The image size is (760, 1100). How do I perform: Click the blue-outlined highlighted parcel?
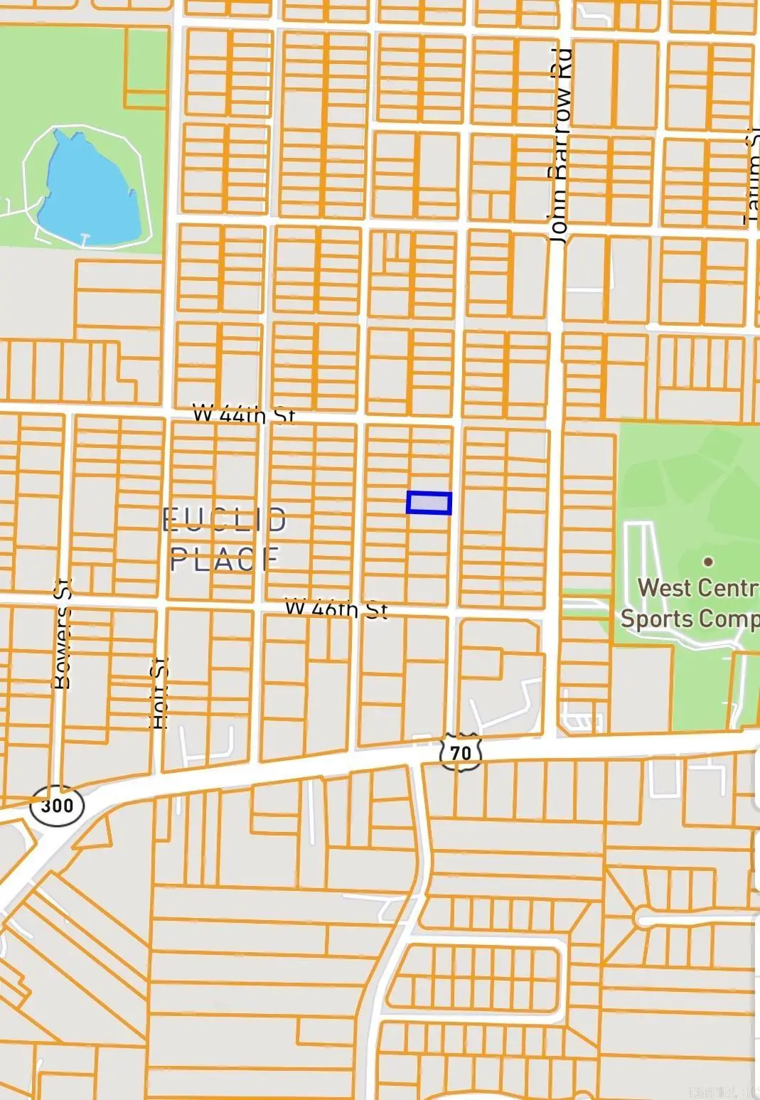pyautogui.click(x=429, y=503)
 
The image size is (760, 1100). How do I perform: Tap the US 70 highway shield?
pyautogui.click(x=461, y=752)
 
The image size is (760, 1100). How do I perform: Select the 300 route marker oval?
pyautogui.click(x=57, y=806)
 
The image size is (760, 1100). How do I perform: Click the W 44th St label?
pyautogui.click(x=244, y=415)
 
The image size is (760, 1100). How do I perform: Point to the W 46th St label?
pyautogui.click(x=336, y=609)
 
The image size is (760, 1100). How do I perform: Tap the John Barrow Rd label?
pyautogui.click(x=560, y=146)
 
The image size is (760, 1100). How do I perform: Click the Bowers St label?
pyautogui.click(x=63, y=634)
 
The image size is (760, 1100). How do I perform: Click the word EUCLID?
pyautogui.click(x=225, y=520)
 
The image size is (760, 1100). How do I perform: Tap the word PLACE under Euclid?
pyautogui.click(x=225, y=560)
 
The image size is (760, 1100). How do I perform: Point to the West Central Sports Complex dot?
pyautogui.click(x=708, y=561)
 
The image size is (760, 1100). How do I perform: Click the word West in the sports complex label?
pyautogui.click(x=663, y=588)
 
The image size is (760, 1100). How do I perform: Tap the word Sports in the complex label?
pyautogui.click(x=656, y=618)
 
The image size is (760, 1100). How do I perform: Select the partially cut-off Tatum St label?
pyautogui.click(x=751, y=178)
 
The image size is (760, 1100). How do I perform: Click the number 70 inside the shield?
pyautogui.click(x=461, y=752)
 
